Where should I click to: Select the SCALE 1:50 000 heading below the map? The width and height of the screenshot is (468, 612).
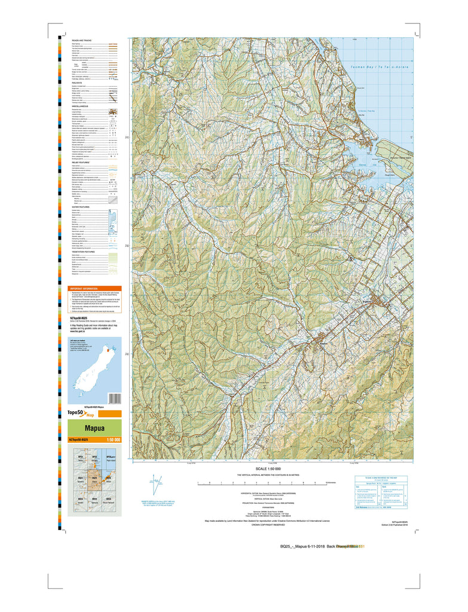click(x=272, y=469)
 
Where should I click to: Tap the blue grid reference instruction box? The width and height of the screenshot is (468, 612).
click(x=382, y=492)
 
